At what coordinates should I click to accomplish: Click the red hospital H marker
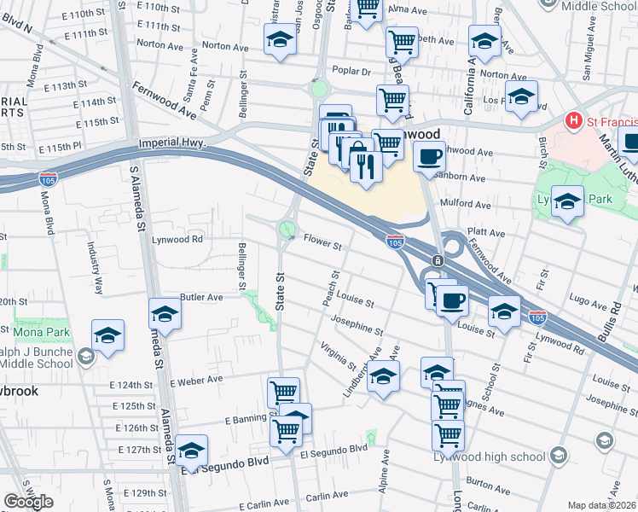coord(575,121)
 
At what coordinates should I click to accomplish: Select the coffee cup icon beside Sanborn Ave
coord(429,156)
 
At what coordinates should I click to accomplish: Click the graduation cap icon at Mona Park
coord(108,338)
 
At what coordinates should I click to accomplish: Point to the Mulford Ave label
coord(466,205)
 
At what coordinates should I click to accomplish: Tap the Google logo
coord(29,502)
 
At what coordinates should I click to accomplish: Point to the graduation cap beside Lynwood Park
coord(567,202)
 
